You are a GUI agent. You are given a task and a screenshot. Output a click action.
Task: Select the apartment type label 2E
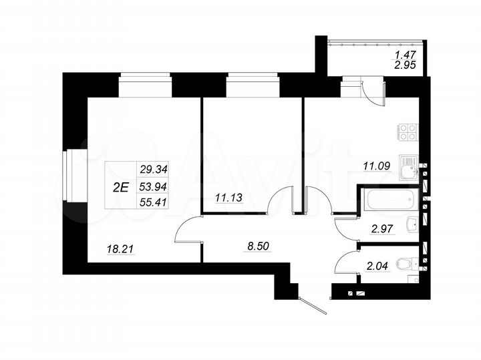[121, 187]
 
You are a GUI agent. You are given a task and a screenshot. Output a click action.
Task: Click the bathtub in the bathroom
[389, 199]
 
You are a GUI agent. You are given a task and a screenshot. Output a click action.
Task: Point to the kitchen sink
[408, 166]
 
